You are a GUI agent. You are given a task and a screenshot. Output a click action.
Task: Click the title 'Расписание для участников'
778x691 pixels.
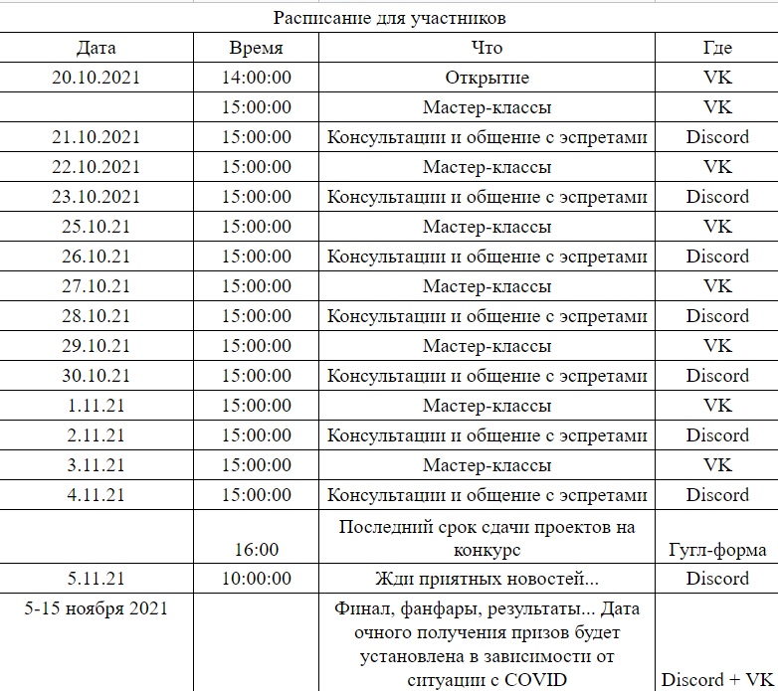[x=389, y=18]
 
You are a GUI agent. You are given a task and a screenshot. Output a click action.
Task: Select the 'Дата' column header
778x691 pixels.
[x=96, y=48]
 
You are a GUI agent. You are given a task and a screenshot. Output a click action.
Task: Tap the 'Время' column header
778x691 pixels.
[x=257, y=48]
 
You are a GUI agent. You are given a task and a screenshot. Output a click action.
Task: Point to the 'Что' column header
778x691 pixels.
[x=486, y=48]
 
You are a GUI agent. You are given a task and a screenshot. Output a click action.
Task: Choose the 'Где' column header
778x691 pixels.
[x=717, y=48]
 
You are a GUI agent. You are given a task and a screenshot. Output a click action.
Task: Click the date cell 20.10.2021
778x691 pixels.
[x=96, y=78]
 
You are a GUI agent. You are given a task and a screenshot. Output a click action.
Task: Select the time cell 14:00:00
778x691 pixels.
[x=257, y=78]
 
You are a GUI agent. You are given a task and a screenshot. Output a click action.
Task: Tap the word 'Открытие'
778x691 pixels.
[x=486, y=78]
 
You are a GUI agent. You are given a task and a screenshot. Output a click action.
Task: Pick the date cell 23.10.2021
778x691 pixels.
[x=96, y=197]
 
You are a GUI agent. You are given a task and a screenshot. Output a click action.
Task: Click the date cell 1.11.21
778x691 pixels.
[x=96, y=406]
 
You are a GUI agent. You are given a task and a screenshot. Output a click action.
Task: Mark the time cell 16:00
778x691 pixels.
[x=257, y=549]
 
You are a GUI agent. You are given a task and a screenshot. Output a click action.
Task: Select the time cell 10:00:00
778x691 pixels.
[x=257, y=579]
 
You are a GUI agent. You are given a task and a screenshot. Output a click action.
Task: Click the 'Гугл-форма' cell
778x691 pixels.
[x=717, y=549]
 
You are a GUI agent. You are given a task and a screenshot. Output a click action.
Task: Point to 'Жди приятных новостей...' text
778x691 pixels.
[x=486, y=579]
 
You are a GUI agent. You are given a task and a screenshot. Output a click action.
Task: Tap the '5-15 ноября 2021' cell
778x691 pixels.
[x=96, y=608]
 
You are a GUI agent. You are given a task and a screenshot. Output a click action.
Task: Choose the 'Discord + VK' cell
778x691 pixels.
[x=717, y=680]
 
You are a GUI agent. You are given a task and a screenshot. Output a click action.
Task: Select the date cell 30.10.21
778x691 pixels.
[x=96, y=376]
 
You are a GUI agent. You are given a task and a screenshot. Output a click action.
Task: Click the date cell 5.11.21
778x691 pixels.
[x=96, y=579]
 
